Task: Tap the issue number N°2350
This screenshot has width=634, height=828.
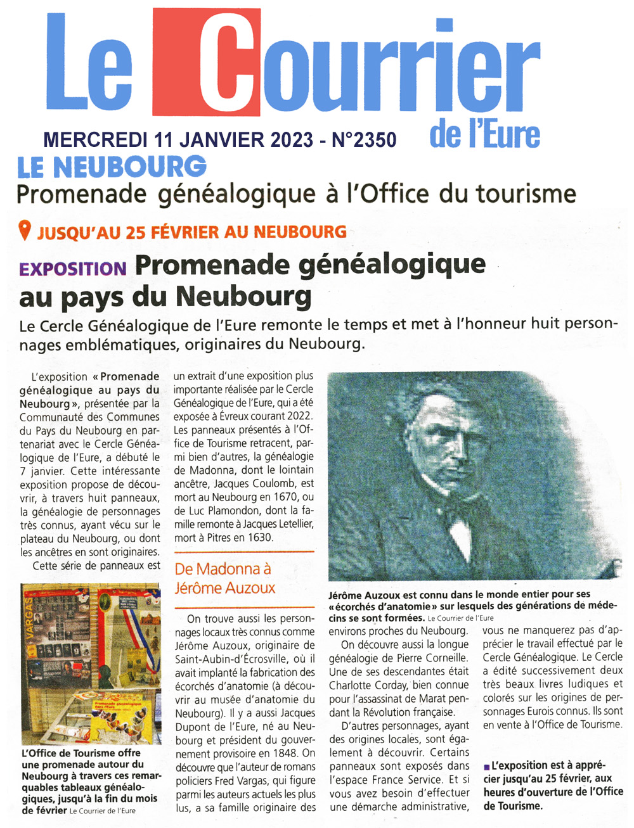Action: (x=365, y=139)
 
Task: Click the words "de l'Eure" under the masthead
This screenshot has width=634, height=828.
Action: (x=484, y=135)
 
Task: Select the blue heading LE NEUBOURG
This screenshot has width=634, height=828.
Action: (x=112, y=167)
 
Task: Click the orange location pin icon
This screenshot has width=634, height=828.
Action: (x=25, y=231)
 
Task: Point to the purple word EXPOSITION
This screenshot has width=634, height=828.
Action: (x=73, y=269)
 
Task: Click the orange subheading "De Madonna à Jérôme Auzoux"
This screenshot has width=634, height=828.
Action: (x=225, y=578)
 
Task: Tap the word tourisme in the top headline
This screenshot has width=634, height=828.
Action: (x=526, y=193)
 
